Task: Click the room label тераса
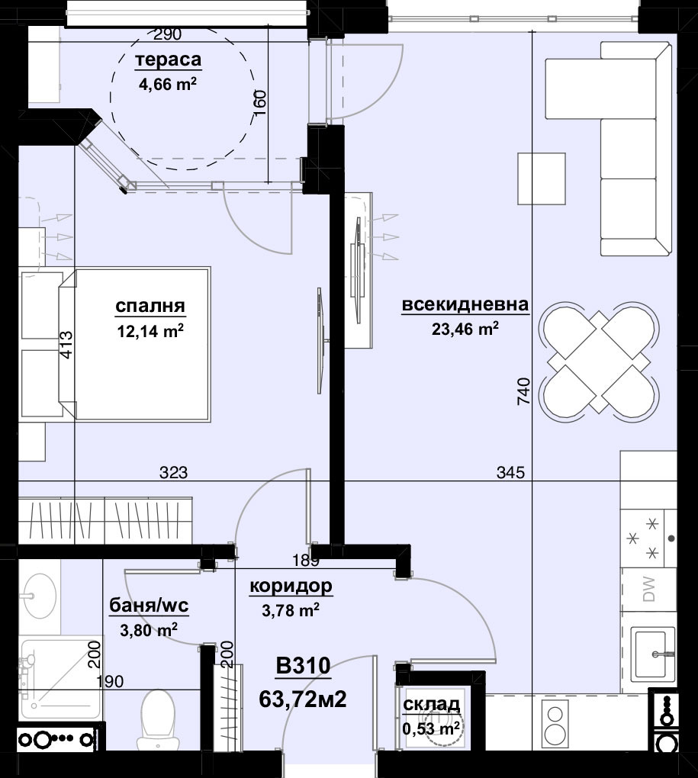click(168, 60)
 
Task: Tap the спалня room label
click(150, 306)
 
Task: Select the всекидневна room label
click(465, 304)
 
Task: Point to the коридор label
click(291, 586)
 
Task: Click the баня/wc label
click(149, 606)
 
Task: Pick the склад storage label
click(431, 704)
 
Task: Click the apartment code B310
click(303, 666)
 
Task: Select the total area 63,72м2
click(303, 699)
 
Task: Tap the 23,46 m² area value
click(465, 329)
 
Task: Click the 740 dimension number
click(524, 392)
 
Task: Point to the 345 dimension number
click(510, 472)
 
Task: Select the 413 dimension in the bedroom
click(66, 345)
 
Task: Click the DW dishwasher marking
click(648, 590)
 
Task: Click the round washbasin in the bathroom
click(37, 595)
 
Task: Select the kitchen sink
click(652, 654)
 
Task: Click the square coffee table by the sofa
click(542, 178)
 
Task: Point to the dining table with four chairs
click(600, 364)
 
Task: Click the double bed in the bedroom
click(134, 345)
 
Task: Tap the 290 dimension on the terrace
click(167, 34)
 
